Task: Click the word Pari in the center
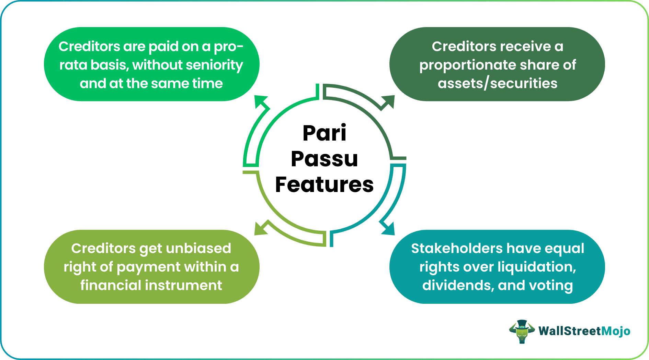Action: click(324, 133)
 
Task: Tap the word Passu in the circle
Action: click(324, 159)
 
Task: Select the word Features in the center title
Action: click(324, 184)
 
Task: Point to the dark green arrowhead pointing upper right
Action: click(388, 102)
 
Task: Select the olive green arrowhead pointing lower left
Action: click(261, 229)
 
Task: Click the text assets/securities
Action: click(497, 83)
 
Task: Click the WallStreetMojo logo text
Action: click(584, 331)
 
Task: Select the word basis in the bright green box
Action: click(109, 65)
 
